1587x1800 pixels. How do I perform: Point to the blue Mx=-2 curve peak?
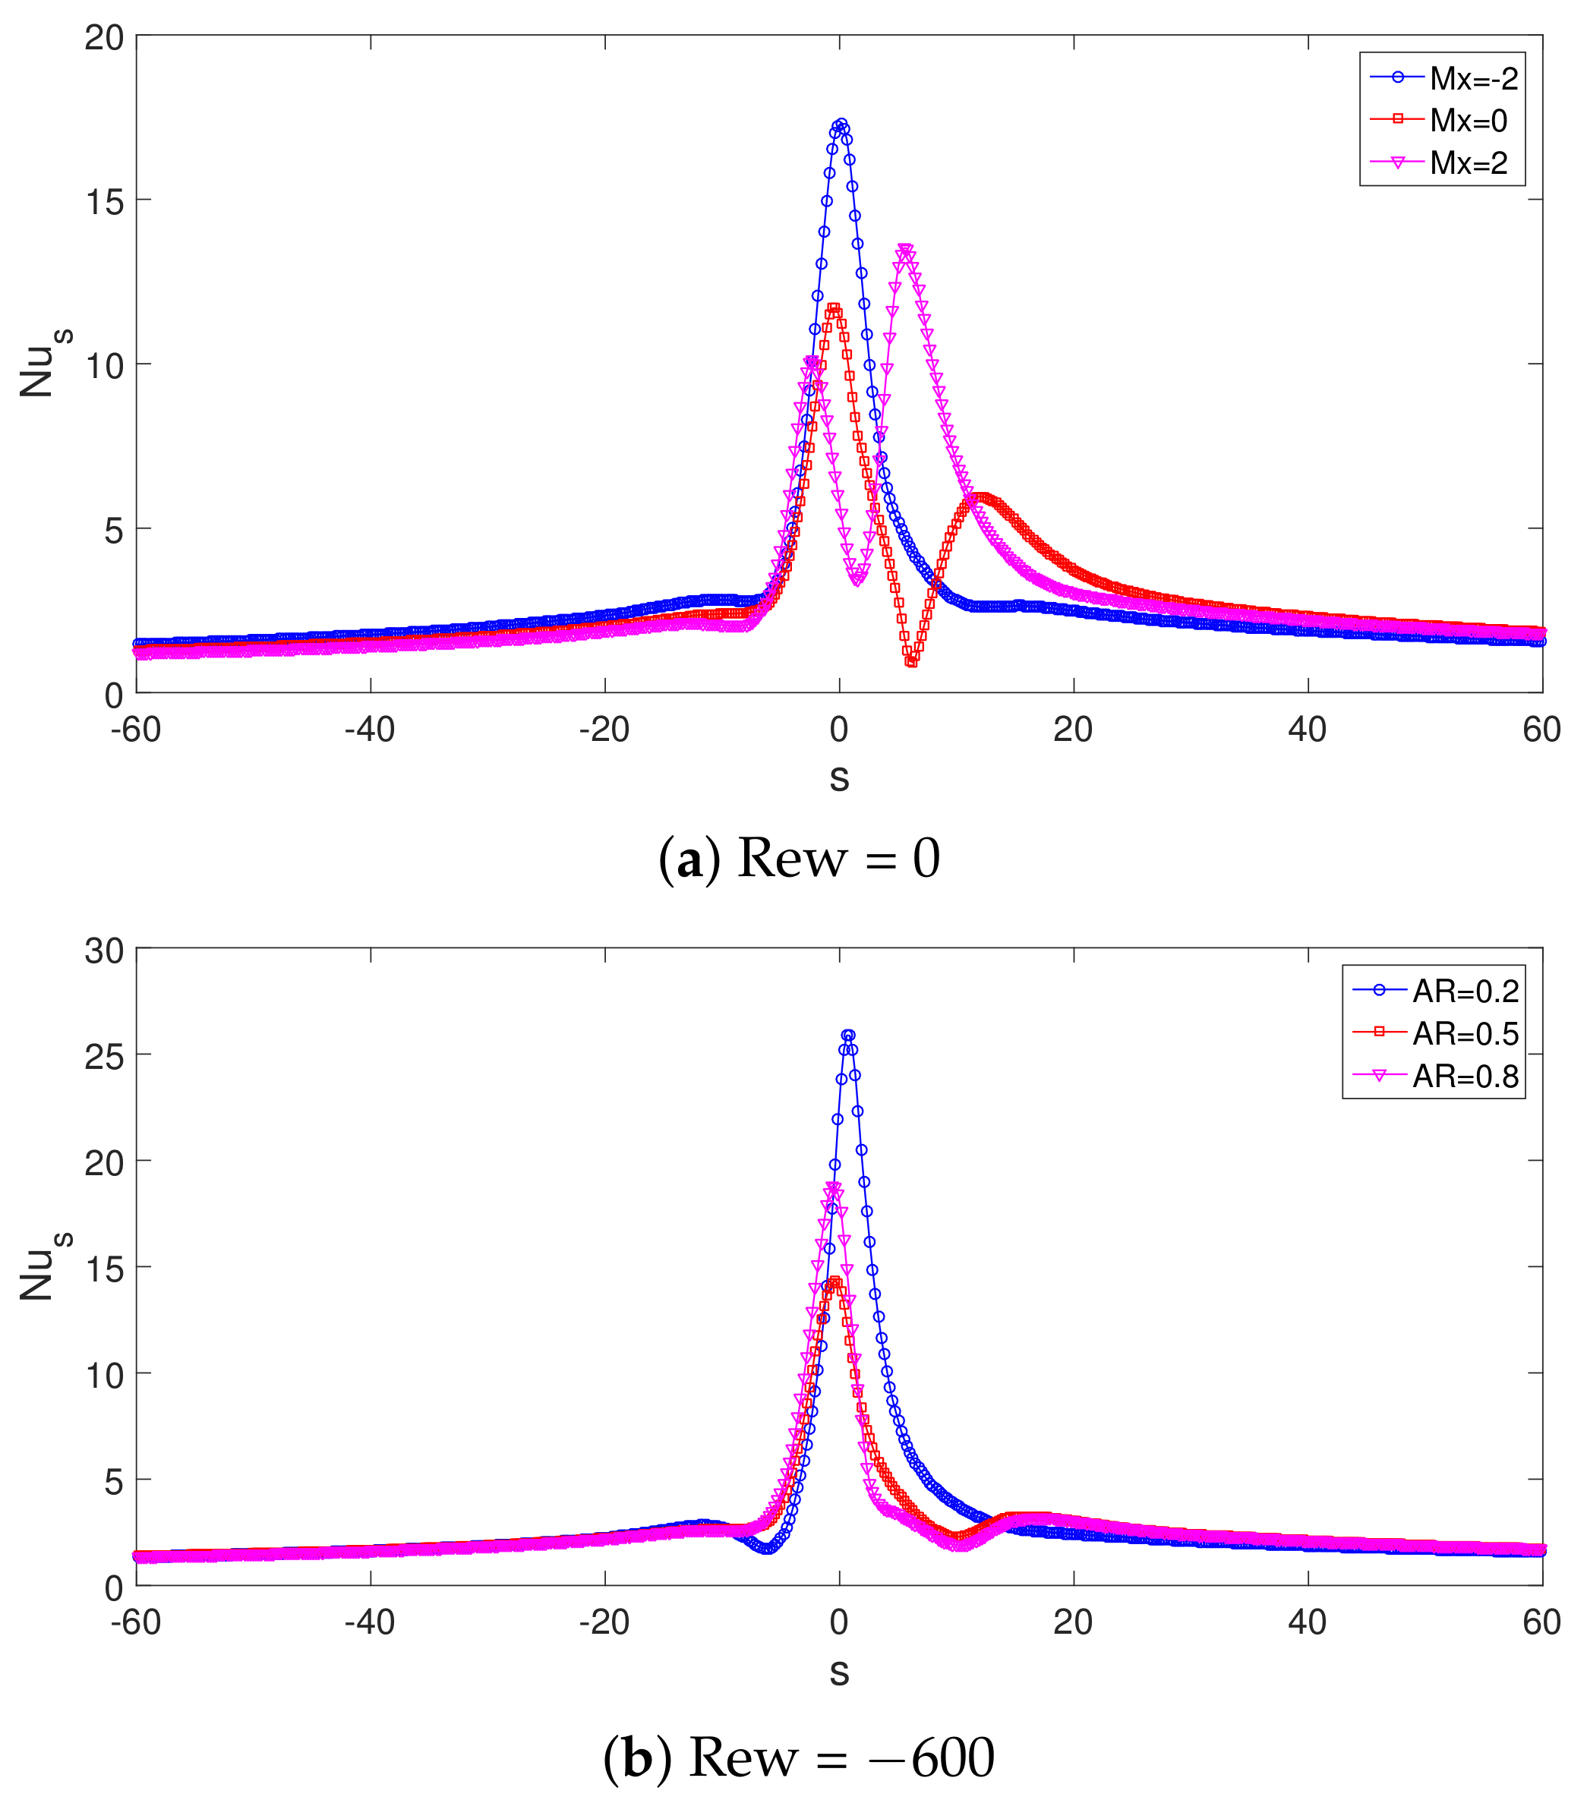841,125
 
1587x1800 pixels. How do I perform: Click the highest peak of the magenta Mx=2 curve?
904,250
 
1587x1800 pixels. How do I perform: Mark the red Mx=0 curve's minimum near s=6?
911,661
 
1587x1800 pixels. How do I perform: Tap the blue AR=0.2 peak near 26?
848,1036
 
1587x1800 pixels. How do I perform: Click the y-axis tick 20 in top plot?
104,37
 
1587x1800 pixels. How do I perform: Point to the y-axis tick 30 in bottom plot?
104,951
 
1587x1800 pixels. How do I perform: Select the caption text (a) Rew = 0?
799,858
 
